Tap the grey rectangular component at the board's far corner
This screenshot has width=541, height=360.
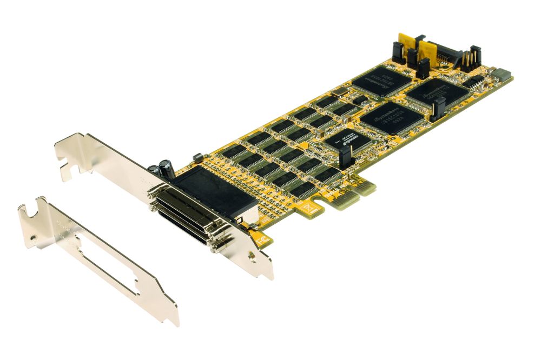click(501, 74)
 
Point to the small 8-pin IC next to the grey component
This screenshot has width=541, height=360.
click(476, 82)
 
